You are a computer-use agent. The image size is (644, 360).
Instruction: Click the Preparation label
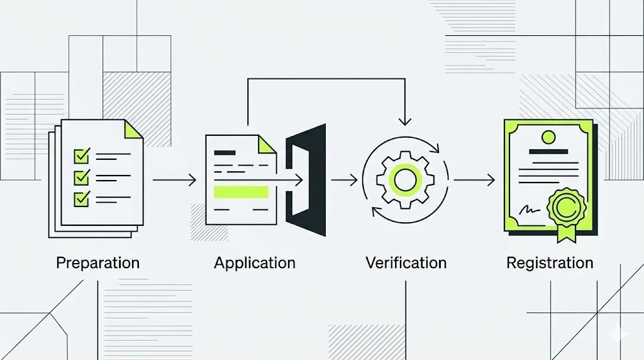pos(97,262)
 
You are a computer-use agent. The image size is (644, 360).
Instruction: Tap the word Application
pos(254,262)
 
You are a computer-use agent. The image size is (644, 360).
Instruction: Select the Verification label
pos(406,262)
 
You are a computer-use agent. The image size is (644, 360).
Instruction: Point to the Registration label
pos(550,262)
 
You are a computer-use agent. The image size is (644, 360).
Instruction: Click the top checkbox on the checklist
pos(82,154)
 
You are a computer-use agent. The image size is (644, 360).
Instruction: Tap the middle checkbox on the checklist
pos(82,177)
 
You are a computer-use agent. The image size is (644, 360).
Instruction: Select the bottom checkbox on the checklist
pos(82,199)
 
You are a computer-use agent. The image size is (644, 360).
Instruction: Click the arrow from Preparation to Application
pos(174,181)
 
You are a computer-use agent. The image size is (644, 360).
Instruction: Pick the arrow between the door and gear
pos(344,181)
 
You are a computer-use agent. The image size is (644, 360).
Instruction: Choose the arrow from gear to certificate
pos(474,181)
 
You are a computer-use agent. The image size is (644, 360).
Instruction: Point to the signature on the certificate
pos(530,210)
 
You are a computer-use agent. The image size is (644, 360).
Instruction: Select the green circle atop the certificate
pos(548,136)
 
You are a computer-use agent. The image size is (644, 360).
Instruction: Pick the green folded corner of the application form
pos(267,144)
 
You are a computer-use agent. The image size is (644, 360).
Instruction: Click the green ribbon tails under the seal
pos(565,233)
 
